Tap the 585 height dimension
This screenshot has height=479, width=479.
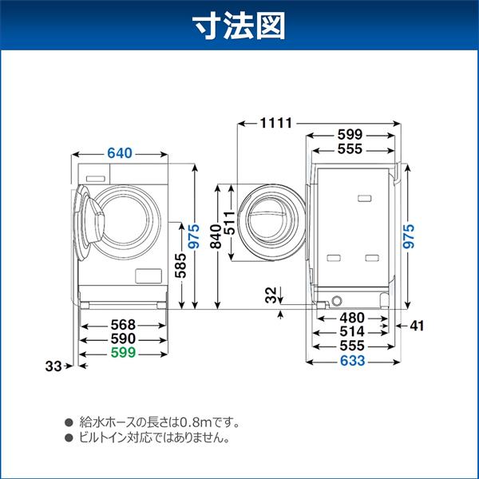coord(180,263)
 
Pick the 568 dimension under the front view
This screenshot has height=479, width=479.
coord(123,325)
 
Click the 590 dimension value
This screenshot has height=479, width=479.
coord(123,338)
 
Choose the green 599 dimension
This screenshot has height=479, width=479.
coord(123,352)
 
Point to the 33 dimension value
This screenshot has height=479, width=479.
coord(53,366)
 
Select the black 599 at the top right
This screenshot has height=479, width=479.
coord(349,135)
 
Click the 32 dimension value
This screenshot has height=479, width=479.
coord(271,295)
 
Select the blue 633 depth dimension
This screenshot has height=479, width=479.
coord(350,361)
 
